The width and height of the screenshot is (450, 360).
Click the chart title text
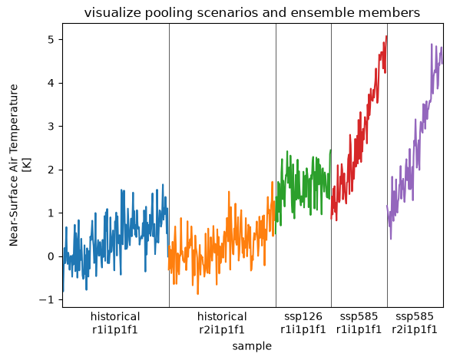(252, 13)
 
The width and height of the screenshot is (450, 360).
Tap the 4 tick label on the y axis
(51, 83)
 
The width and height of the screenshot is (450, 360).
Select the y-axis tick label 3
(51, 126)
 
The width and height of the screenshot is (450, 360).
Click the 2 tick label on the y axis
(51, 170)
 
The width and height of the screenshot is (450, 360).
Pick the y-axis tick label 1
(51, 213)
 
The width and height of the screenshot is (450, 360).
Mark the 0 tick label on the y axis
(51, 256)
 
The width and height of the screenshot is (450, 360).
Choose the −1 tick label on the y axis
(47, 300)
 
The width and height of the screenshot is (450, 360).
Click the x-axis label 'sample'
(252, 346)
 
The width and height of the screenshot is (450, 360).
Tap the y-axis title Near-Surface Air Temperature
(14, 165)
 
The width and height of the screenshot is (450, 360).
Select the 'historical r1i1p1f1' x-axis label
(115, 323)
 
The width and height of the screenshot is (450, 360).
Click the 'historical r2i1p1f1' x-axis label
(222, 323)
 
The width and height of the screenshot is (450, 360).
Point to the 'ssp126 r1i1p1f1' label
(303, 323)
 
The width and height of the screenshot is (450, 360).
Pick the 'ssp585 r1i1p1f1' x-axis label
(359, 323)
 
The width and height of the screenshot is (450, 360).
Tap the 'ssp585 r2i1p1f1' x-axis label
(415, 323)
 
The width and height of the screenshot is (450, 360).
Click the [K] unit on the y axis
(28, 165)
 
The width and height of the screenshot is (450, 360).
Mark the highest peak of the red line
(386, 36)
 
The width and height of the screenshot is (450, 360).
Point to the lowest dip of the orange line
(197, 293)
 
